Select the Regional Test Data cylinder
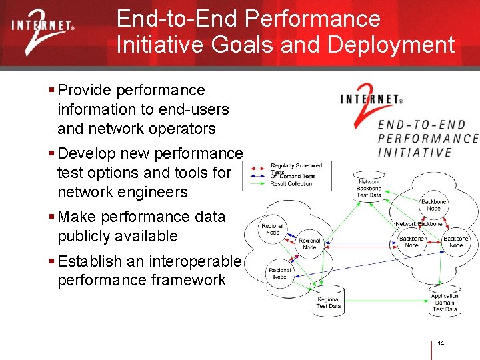328,302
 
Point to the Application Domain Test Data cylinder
444,302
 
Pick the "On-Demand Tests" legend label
293,176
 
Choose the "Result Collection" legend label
291,183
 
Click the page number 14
441,343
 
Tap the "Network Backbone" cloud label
419,224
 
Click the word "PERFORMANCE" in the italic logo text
428,139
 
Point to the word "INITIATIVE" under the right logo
414,152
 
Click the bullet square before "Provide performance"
52,90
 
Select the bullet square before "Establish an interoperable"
52,261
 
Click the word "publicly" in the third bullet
85,236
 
